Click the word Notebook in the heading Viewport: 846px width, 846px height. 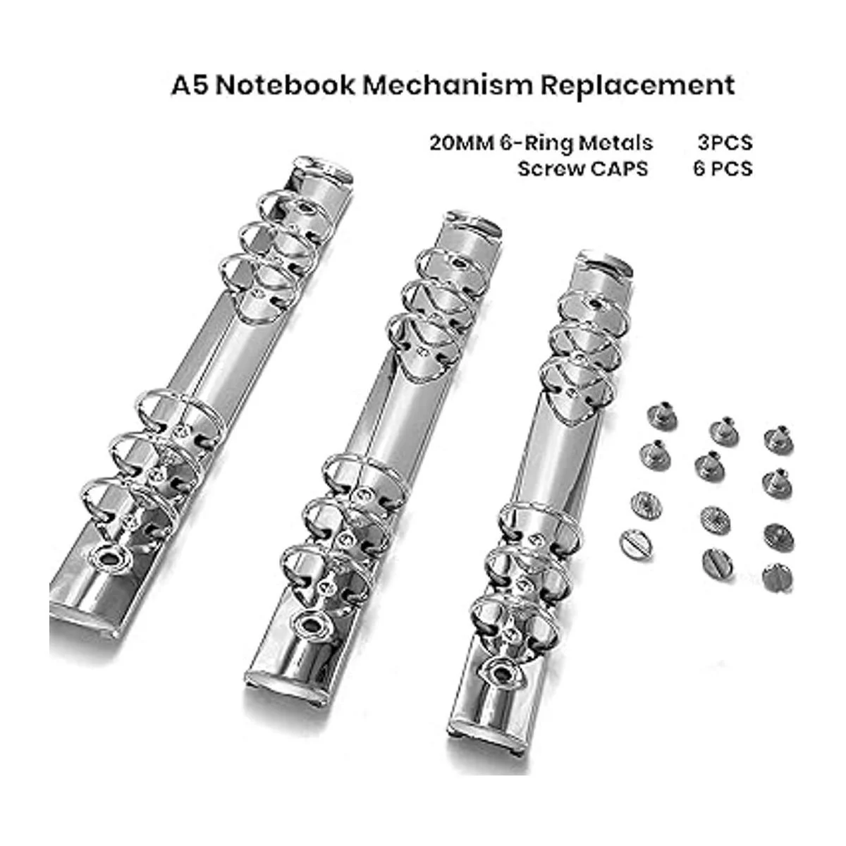pos(285,85)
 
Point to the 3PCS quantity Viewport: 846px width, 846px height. pos(725,143)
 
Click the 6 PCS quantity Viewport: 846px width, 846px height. pos(723,168)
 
